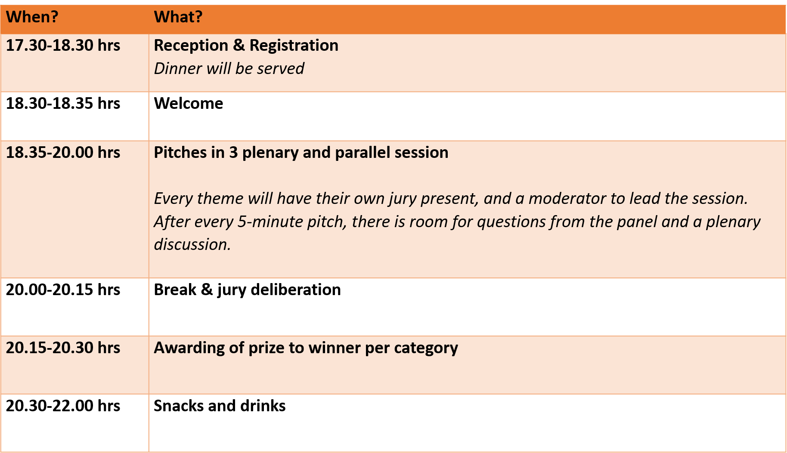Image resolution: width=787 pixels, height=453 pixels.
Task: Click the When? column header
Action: pyautogui.click(x=32, y=17)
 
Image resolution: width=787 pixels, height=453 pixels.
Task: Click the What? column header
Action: pyautogui.click(x=178, y=17)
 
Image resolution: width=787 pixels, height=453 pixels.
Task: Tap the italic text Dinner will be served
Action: pyautogui.click(x=229, y=69)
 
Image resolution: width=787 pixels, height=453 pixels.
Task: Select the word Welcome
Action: pyautogui.click(x=189, y=104)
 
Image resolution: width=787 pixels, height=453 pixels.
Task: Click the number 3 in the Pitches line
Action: pyautogui.click(x=233, y=153)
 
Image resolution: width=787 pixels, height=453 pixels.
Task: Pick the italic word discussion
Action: pyautogui.click(x=192, y=245)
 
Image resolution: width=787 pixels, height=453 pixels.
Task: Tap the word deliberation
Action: pyautogui.click(x=296, y=290)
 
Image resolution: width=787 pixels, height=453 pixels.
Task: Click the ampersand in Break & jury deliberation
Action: pyautogui.click(x=207, y=290)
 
